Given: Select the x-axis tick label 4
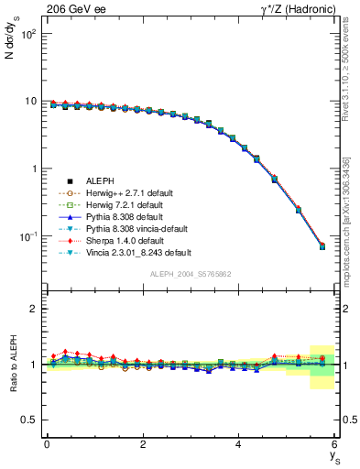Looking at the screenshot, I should tap(238, 444).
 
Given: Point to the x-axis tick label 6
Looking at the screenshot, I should tap(334, 444).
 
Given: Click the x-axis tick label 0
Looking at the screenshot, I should tap(47, 444).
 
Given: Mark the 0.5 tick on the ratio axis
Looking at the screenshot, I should tap(29, 420).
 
